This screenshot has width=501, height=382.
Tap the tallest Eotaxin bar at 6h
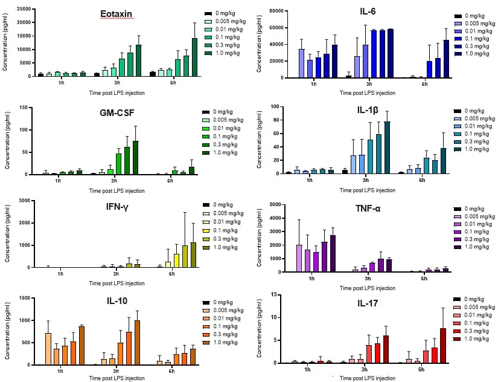click(x=194, y=57)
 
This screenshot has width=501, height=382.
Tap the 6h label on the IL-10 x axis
click(x=175, y=370)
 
